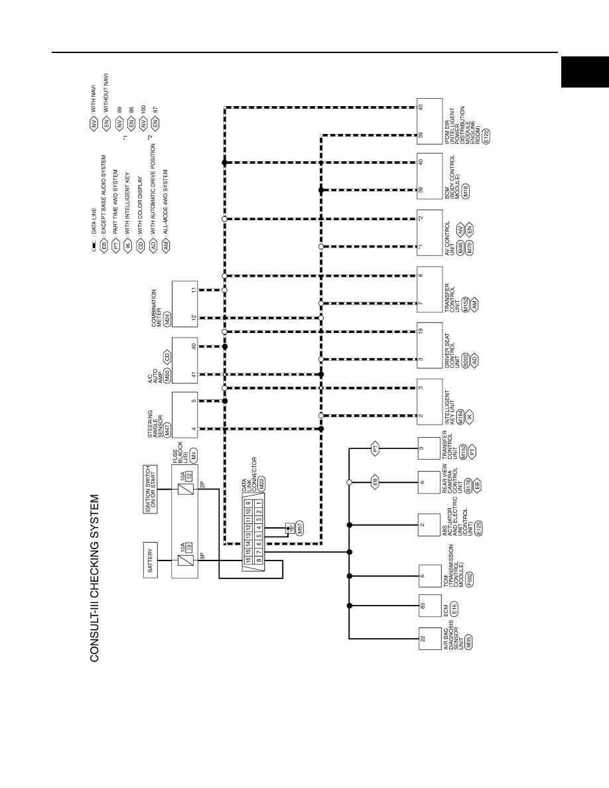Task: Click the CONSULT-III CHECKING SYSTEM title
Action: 94,578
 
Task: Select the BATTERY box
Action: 151,560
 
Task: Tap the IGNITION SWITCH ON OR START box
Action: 150,489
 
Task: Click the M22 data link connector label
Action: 261,484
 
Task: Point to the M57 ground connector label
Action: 300,528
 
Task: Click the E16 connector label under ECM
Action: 454,609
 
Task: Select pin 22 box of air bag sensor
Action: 430,639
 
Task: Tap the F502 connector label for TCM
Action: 470,580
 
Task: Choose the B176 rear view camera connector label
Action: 468,485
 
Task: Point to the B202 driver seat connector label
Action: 465,360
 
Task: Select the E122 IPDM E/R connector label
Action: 486,136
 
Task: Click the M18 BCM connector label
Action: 466,190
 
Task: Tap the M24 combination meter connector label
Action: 168,318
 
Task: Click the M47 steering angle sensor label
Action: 168,430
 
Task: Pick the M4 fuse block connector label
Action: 194,455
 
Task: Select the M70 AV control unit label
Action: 469,247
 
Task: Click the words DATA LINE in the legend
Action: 94,222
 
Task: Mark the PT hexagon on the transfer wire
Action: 375,448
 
